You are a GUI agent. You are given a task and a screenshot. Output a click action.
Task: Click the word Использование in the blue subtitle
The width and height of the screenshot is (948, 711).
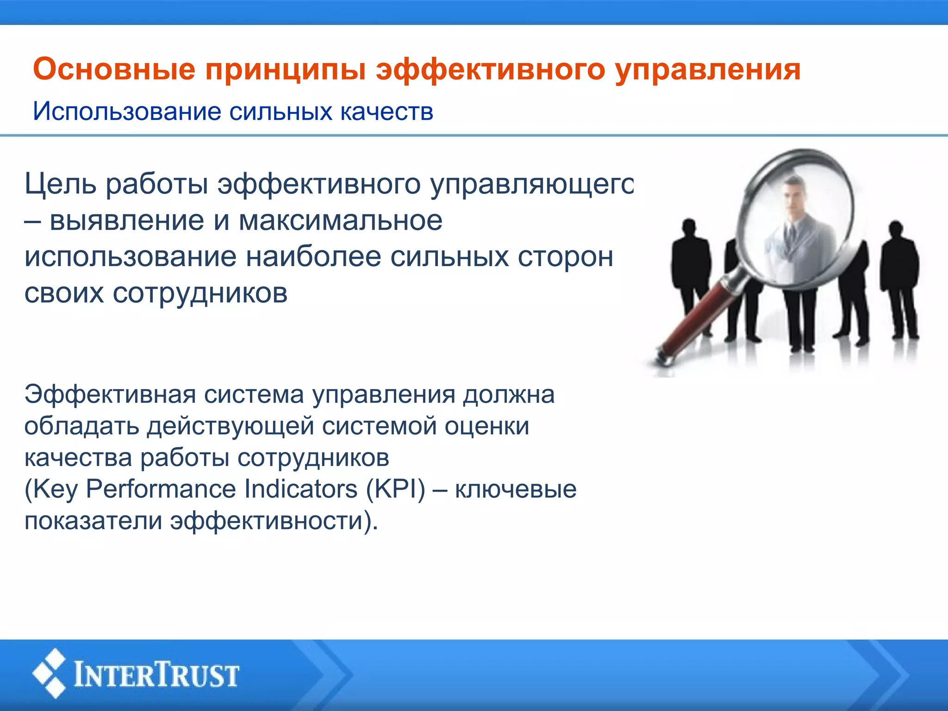click(127, 112)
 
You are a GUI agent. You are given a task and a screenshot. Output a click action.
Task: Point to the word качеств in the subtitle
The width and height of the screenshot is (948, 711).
click(387, 112)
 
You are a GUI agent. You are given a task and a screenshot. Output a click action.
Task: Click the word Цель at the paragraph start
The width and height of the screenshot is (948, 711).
click(61, 184)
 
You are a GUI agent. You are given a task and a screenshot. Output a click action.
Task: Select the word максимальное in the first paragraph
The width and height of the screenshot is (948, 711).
click(340, 220)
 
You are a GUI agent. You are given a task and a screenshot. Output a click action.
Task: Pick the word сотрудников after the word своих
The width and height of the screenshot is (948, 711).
click(200, 293)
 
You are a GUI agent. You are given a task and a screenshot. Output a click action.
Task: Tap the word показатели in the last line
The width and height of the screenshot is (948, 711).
click(93, 521)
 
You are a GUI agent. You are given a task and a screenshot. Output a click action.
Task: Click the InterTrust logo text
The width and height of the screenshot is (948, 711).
click(156, 675)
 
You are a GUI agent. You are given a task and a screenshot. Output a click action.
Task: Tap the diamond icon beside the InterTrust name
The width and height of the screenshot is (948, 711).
click(50, 674)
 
